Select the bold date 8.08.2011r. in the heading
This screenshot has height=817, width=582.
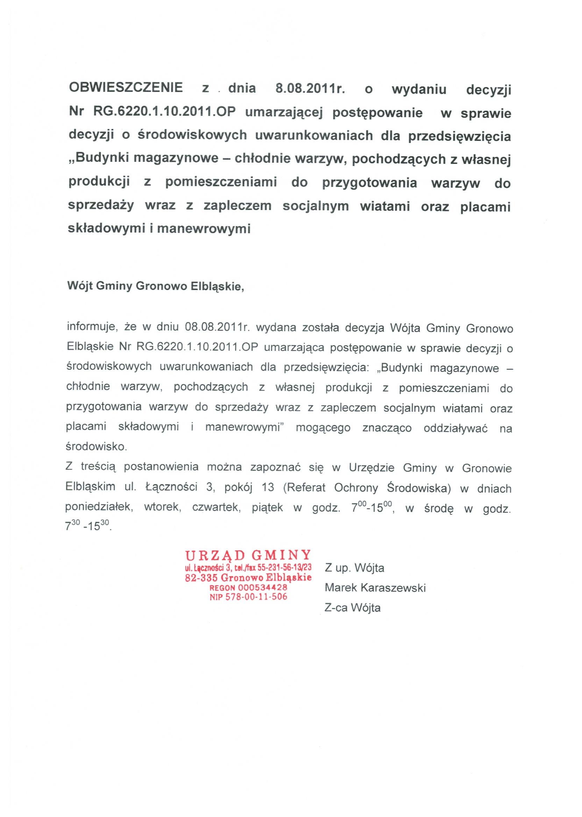(x=310, y=88)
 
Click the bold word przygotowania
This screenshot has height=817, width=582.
(x=369, y=183)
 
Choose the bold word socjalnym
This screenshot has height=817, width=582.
(x=315, y=207)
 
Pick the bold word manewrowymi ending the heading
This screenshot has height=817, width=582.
(x=204, y=229)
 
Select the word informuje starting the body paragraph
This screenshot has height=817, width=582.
(x=91, y=327)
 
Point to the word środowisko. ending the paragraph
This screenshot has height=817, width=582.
(x=97, y=447)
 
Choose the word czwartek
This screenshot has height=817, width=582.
(x=216, y=507)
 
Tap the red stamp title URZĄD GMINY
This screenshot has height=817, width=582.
(x=248, y=555)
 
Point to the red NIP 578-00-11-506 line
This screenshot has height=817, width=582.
(x=248, y=597)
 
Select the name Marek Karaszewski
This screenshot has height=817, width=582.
(x=375, y=587)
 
